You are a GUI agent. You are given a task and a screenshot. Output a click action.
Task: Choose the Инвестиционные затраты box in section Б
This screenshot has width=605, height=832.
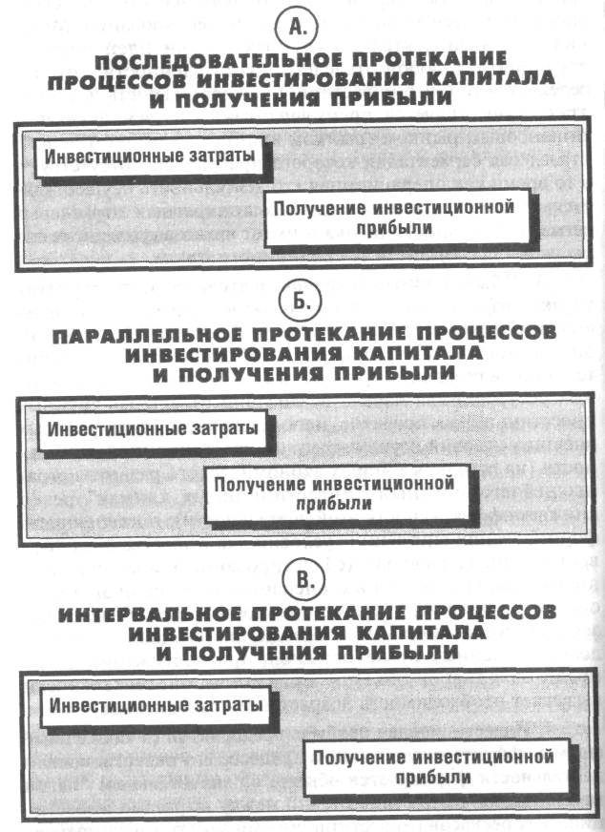(x=154, y=427)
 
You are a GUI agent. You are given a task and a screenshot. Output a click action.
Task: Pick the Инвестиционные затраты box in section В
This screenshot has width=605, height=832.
(x=155, y=708)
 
